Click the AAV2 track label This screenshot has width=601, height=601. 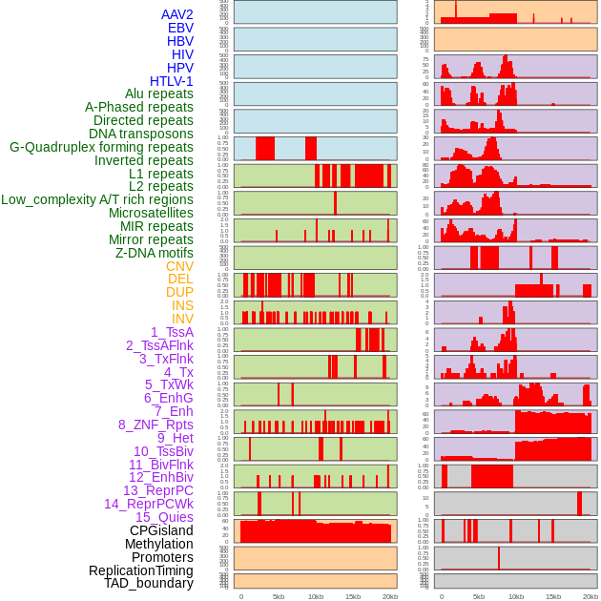[x=176, y=14]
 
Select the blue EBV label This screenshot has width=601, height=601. [x=179, y=28]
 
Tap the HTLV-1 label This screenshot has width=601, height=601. [x=171, y=81]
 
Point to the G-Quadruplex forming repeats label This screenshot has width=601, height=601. [x=101, y=147]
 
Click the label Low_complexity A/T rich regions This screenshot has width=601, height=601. [x=96, y=199]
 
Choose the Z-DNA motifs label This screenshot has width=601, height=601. [x=155, y=253]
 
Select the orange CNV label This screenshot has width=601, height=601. [x=179, y=266]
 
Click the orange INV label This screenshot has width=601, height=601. [x=182, y=319]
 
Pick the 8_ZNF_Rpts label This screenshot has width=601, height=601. [x=155, y=425]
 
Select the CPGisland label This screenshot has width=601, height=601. [x=161, y=530]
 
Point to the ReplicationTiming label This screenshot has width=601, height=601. [x=140, y=570]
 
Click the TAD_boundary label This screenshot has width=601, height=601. [x=148, y=583]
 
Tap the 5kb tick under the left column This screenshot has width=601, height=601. [x=279, y=596]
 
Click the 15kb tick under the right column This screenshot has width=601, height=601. [x=553, y=596]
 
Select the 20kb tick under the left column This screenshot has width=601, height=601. [x=389, y=596]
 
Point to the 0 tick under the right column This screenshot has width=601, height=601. [x=441, y=596]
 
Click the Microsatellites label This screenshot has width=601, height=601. [x=151, y=213]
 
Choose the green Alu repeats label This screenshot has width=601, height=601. [x=158, y=93]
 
